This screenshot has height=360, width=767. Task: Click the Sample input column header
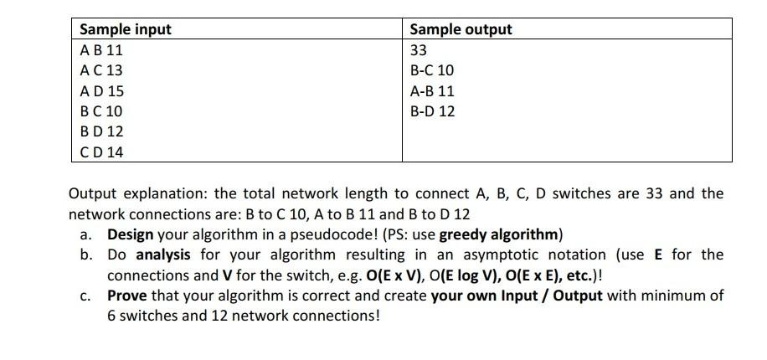[125, 29]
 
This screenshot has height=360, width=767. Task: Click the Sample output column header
[461, 29]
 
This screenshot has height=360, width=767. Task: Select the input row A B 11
[101, 50]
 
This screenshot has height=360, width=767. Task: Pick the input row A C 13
[101, 70]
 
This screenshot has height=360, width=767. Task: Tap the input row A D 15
[101, 91]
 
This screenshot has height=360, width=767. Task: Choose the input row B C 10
[101, 111]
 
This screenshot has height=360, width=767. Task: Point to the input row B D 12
[101, 131]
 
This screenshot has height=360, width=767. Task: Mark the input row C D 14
[101, 152]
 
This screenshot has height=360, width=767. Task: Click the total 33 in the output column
[419, 50]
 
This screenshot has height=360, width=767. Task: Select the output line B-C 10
[432, 70]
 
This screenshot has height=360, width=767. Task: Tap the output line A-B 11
[432, 91]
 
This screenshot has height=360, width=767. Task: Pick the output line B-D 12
[432, 111]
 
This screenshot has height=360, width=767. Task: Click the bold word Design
[131, 234]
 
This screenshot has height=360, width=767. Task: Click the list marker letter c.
[85, 296]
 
